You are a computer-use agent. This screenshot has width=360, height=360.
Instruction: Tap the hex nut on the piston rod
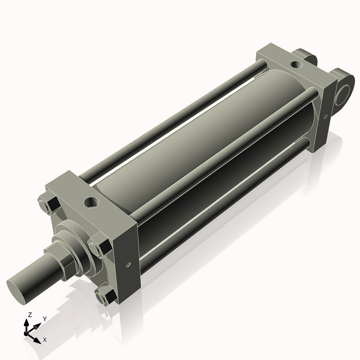(68, 263)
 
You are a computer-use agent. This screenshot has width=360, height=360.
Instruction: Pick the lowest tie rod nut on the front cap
(104, 296)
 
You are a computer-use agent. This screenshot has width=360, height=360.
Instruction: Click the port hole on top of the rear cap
(296, 64)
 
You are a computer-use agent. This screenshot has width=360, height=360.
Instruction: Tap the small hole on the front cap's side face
(128, 262)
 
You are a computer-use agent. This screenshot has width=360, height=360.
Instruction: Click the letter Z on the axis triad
(30, 314)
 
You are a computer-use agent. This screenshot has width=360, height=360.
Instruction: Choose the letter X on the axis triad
(45, 340)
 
